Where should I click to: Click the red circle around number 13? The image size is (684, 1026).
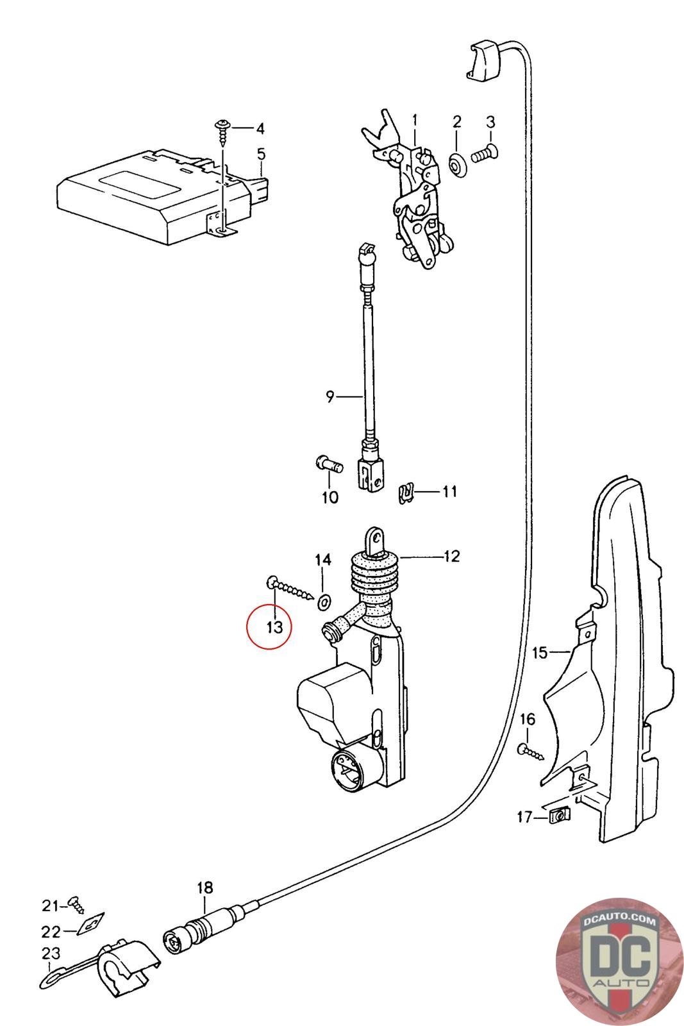click(x=269, y=626)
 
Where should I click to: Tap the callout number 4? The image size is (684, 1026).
click(x=260, y=129)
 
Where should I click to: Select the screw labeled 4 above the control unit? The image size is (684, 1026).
click(x=222, y=132)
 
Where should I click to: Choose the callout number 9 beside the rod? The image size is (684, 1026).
click(x=329, y=397)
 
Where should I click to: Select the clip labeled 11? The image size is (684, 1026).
click(x=405, y=493)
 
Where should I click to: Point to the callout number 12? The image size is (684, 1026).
click(x=451, y=556)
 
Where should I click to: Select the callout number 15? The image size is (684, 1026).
click(x=540, y=653)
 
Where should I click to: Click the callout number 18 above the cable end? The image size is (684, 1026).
click(x=204, y=888)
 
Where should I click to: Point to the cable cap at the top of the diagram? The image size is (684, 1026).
click(x=485, y=60)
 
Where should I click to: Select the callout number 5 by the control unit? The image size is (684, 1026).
click(x=261, y=154)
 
